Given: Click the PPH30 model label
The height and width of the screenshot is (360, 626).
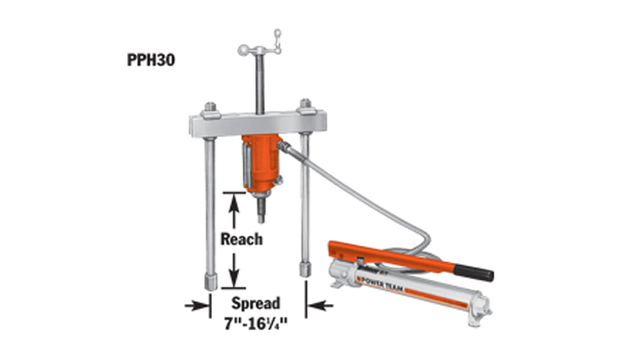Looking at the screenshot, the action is coord(151,60).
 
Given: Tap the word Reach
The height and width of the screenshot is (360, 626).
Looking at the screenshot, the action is coord(242,239).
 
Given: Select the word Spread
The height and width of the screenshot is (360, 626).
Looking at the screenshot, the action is coord(256,303).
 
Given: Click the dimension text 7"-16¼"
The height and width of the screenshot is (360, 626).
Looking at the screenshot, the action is coord(256,324).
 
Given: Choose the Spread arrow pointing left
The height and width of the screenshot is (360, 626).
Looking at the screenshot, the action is coord(320,306).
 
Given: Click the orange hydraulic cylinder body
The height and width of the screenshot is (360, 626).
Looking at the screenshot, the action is coord(261,163).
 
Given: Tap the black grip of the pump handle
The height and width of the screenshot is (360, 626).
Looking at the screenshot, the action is coord(474,272).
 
